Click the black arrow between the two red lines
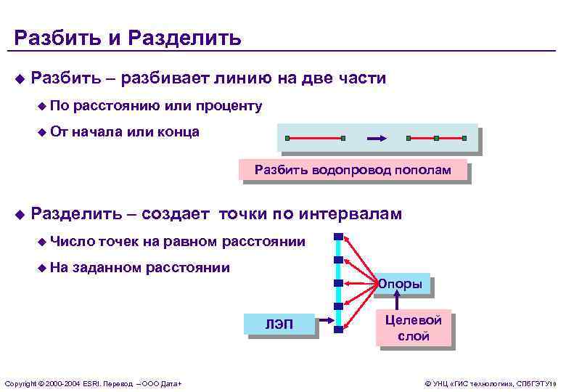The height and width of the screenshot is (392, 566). [x=375, y=138]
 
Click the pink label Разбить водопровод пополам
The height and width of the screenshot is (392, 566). [x=352, y=171]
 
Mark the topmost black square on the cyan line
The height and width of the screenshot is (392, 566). [x=338, y=237]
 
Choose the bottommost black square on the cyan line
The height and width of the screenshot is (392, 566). [x=338, y=329]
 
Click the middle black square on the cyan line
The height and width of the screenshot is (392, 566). [x=338, y=283]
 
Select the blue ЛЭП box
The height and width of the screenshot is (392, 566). [x=279, y=325]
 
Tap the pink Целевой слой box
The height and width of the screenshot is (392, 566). [x=414, y=329]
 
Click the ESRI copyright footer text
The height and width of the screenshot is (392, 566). [x=93, y=383]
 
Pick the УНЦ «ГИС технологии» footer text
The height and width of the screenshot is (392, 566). [x=491, y=383]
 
